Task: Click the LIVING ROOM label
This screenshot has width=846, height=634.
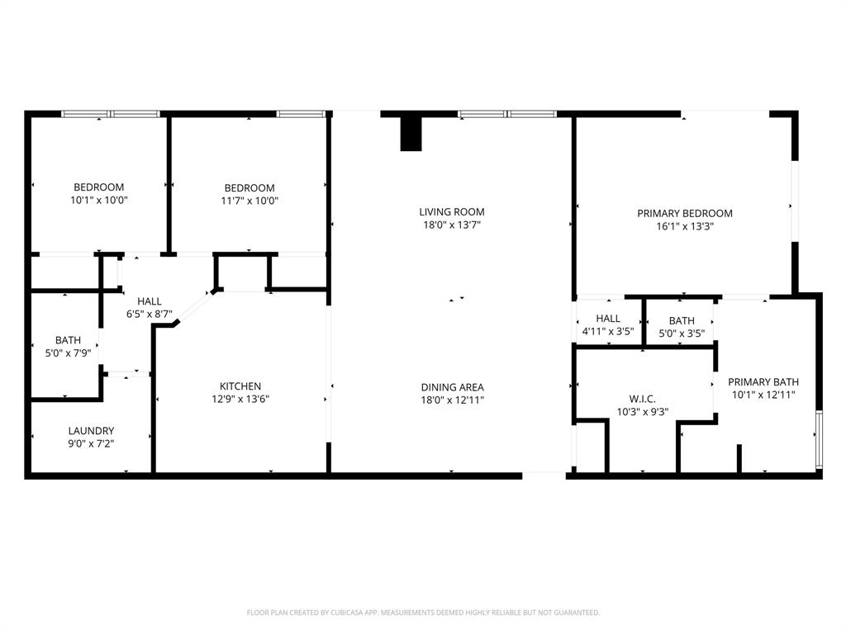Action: tap(451, 212)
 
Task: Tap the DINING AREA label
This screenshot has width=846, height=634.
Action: tap(452, 387)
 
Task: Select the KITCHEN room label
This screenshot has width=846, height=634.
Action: tap(240, 386)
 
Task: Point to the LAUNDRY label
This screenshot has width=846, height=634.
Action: tap(91, 431)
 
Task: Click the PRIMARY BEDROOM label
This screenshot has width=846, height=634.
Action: tap(684, 213)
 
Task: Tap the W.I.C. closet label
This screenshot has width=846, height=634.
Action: tap(642, 399)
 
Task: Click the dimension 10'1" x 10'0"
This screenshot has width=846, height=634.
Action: tap(99, 200)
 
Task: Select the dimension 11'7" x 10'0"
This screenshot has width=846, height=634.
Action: tap(250, 200)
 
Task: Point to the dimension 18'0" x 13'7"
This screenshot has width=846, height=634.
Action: tap(451, 225)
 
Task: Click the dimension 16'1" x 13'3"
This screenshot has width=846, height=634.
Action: tap(684, 225)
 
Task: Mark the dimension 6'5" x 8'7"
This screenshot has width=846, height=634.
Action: tap(150, 314)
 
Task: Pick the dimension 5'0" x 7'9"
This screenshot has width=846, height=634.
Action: tap(68, 352)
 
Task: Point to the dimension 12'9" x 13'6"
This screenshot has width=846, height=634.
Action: tap(240, 399)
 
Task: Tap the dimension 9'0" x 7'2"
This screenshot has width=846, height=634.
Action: tap(91, 443)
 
